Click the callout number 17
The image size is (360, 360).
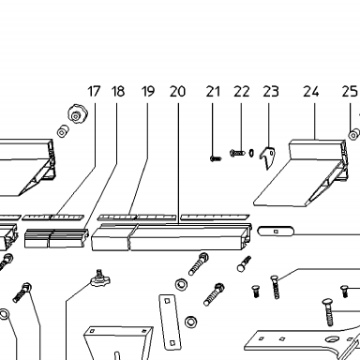click(94, 91)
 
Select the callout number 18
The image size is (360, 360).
click(118, 91)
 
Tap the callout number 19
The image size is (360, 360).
click(148, 91)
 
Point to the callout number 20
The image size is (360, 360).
click(177, 91)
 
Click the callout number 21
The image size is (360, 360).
click(213, 91)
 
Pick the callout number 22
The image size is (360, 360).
click(242, 91)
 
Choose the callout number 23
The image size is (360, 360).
click(270, 91)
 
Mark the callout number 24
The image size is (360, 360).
click(311, 91)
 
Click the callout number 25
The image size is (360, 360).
click(350, 91)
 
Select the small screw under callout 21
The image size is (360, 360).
click(216, 158)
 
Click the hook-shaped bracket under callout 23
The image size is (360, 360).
click(267, 157)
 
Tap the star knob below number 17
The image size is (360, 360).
click(78, 114)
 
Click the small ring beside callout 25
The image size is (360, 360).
click(353, 135)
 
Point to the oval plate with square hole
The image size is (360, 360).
click(276, 232)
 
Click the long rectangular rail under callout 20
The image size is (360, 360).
click(172, 237)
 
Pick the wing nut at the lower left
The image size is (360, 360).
click(100, 278)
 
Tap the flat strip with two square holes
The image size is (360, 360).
click(170, 322)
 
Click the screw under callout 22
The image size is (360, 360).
click(237, 153)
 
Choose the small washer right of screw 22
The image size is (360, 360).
click(251, 153)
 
